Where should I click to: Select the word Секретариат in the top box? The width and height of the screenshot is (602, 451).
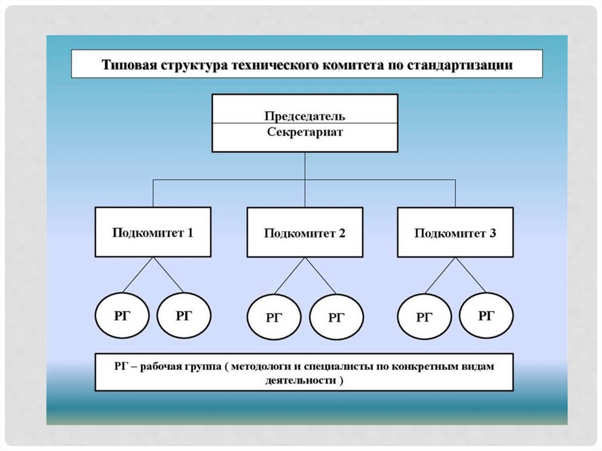(x=305, y=132)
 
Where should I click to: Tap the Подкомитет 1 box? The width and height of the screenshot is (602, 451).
(x=153, y=232)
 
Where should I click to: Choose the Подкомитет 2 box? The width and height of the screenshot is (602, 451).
(x=305, y=233)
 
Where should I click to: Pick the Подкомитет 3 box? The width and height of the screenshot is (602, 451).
(x=455, y=233)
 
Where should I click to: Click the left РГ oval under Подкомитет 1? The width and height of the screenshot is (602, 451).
(x=122, y=316)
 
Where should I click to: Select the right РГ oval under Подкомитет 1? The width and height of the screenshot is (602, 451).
(x=184, y=316)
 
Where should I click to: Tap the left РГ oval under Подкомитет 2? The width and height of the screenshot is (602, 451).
(x=274, y=318)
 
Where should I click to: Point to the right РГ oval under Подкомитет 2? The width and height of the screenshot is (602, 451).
(x=336, y=318)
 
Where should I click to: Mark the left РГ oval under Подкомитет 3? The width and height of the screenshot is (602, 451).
(x=424, y=318)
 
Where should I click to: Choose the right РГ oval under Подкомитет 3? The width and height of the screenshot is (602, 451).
(x=486, y=316)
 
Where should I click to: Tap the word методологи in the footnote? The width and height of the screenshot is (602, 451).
(x=257, y=366)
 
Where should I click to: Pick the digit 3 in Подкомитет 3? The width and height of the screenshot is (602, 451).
(x=492, y=233)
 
